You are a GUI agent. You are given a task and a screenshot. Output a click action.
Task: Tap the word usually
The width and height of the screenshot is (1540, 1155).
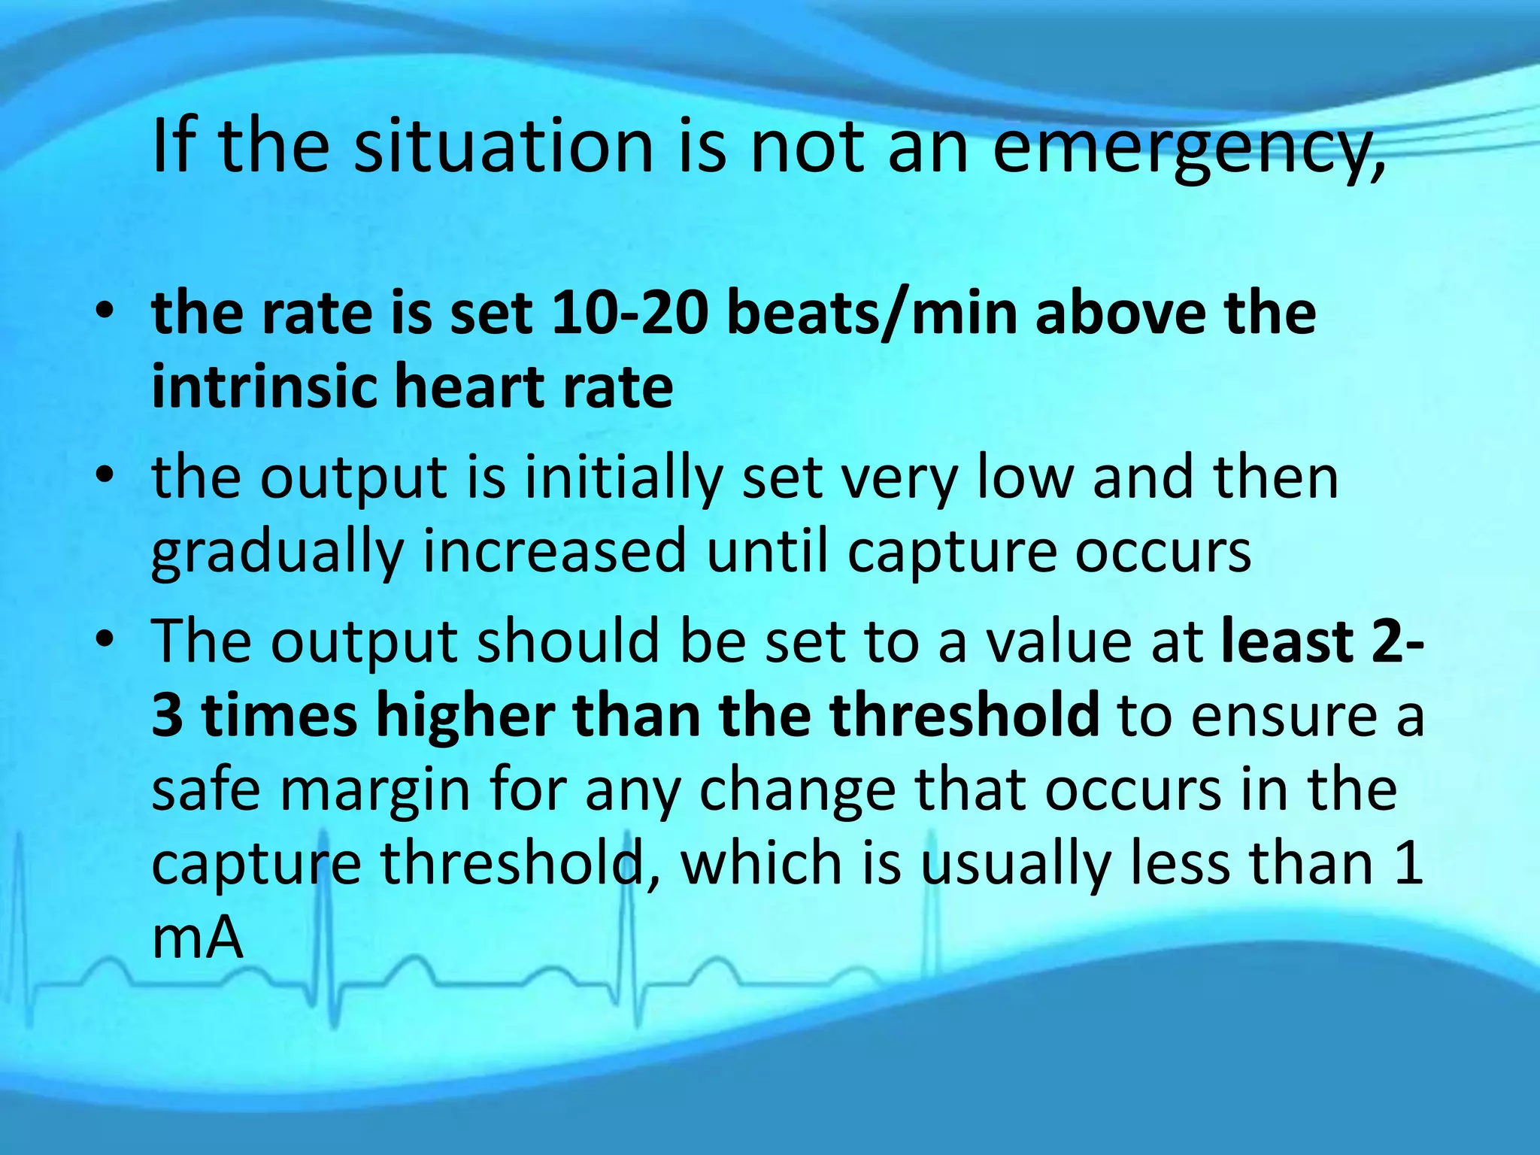pos(1015,865)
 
